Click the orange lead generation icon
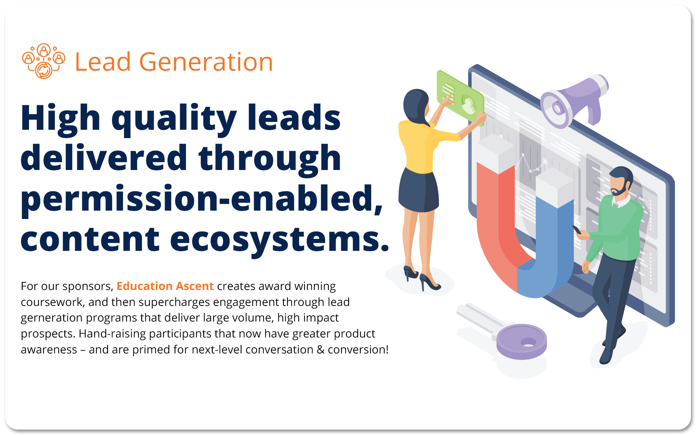[43, 61]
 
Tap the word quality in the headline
[174, 119]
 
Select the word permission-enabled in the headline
[201, 199]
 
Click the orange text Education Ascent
[165, 286]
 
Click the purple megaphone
[573, 101]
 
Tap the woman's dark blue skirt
[419, 192]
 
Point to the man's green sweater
[620, 228]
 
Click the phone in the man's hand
[576, 229]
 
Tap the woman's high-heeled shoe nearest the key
[430, 283]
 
